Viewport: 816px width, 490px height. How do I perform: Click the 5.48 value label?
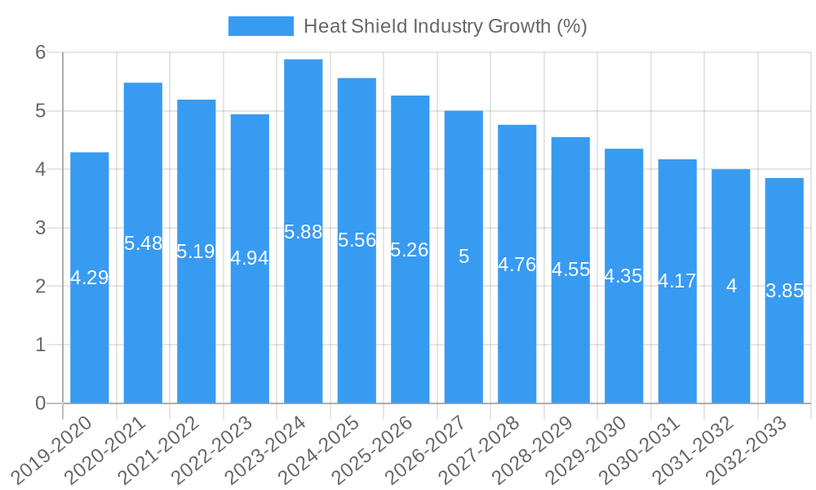click(143, 243)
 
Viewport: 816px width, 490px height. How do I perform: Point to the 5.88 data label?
click(304, 232)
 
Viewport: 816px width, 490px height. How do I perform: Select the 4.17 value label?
click(677, 282)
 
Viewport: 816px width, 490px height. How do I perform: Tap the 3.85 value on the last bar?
click(784, 291)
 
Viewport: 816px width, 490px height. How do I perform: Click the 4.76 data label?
click(517, 265)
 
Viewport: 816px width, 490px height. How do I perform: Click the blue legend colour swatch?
click(260, 26)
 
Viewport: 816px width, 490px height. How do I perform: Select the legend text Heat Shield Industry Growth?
click(446, 26)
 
